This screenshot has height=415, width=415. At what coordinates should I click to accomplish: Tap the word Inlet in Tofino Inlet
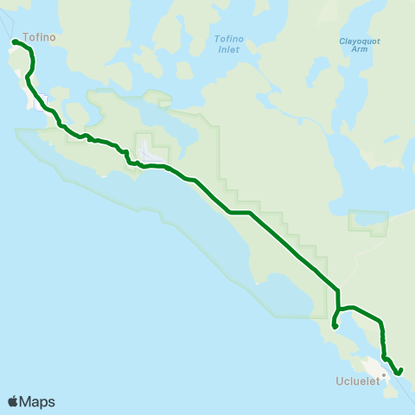228,50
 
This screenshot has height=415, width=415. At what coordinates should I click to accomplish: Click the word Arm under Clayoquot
359,50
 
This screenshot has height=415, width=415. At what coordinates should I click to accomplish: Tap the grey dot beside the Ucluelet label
383,374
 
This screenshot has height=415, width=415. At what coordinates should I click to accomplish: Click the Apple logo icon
13,401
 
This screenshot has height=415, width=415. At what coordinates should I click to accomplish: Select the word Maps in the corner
37,401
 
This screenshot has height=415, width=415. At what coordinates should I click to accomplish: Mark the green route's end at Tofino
14,41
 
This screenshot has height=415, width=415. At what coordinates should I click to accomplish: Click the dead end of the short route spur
334,327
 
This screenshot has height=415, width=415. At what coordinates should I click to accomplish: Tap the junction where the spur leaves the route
338,308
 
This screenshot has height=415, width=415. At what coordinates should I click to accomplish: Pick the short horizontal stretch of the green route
239,212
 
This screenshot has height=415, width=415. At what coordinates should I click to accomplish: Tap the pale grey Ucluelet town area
373,367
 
